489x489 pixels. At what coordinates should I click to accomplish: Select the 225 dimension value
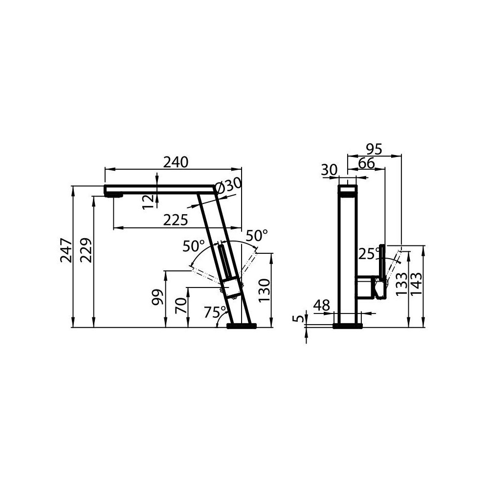176,220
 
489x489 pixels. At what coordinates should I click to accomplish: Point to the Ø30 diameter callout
228,186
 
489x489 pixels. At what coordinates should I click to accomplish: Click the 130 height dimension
264,290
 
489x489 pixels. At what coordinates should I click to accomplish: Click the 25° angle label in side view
369,253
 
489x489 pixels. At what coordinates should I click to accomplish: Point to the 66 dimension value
366,163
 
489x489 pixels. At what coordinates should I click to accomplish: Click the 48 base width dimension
321,306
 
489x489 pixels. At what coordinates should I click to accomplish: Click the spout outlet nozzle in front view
114,195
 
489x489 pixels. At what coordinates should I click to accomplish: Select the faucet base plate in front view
242,325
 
